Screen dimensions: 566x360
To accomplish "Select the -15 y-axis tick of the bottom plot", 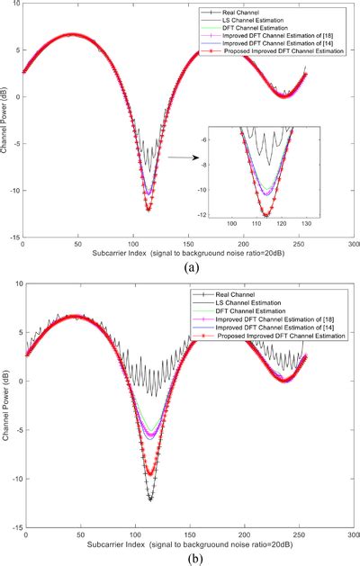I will (x=17, y=527).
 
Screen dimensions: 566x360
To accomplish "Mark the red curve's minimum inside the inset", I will (x=264, y=214).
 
